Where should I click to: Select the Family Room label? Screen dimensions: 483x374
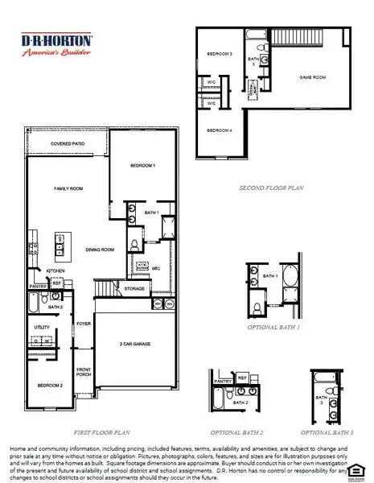(x=68, y=188)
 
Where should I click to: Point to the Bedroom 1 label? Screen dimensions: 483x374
(x=142, y=165)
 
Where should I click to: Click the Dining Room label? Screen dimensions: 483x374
(x=101, y=250)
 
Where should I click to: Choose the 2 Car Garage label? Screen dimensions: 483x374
(x=135, y=344)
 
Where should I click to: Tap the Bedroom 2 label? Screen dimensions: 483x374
(x=49, y=386)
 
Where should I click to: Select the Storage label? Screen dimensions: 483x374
(x=134, y=288)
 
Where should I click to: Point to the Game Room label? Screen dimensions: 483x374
(x=290, y=77)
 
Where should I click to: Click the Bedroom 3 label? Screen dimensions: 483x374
(x=220, y=54)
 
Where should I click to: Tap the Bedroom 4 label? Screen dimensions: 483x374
(x=220, y=130)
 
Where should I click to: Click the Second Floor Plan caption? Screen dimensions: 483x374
(x=271, y=188)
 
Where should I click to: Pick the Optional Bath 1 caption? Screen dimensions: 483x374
(x=273, y=328)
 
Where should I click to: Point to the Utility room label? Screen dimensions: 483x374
(x=42, y=327)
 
